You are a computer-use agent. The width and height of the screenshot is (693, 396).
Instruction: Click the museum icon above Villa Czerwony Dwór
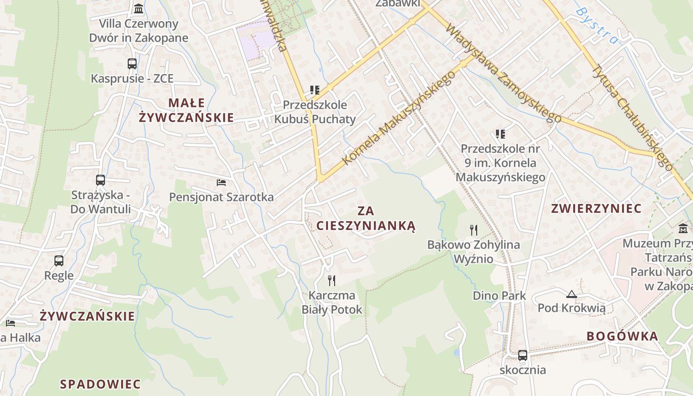(x=139, y=8)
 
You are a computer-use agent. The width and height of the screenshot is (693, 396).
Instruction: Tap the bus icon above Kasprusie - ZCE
(x=132, y=63)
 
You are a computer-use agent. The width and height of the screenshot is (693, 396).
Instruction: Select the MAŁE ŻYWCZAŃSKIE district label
(x=186, y=110)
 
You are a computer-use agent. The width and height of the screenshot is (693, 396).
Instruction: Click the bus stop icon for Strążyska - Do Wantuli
(x=100, y=180)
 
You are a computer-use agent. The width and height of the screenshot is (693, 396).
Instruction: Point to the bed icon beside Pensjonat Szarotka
(x=221, y=183)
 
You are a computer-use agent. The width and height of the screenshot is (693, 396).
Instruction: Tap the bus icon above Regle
(x=59, y=260)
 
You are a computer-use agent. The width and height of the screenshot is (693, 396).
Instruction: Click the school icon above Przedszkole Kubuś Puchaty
(x=315, y=90)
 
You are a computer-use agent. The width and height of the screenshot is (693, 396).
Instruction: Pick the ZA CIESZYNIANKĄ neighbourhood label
(x=366, y=218)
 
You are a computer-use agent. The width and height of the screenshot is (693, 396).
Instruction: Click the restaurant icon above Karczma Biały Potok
(x=332, y=281)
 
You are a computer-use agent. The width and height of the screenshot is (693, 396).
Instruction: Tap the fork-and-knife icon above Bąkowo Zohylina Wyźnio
(x=474, y=230)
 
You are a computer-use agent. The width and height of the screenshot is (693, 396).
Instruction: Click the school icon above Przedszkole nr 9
(x=500, y=134)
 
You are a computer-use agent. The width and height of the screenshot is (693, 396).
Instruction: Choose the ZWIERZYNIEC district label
(x=596, y=208)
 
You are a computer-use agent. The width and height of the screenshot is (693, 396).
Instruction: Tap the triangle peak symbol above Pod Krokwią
(x=572, y=294)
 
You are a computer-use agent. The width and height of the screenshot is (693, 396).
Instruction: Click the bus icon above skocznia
(x=523, y=355)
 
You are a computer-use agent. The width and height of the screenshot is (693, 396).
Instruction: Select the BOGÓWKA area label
(x=622, y=337)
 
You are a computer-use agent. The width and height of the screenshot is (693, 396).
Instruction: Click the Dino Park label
(x=499, y=296)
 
